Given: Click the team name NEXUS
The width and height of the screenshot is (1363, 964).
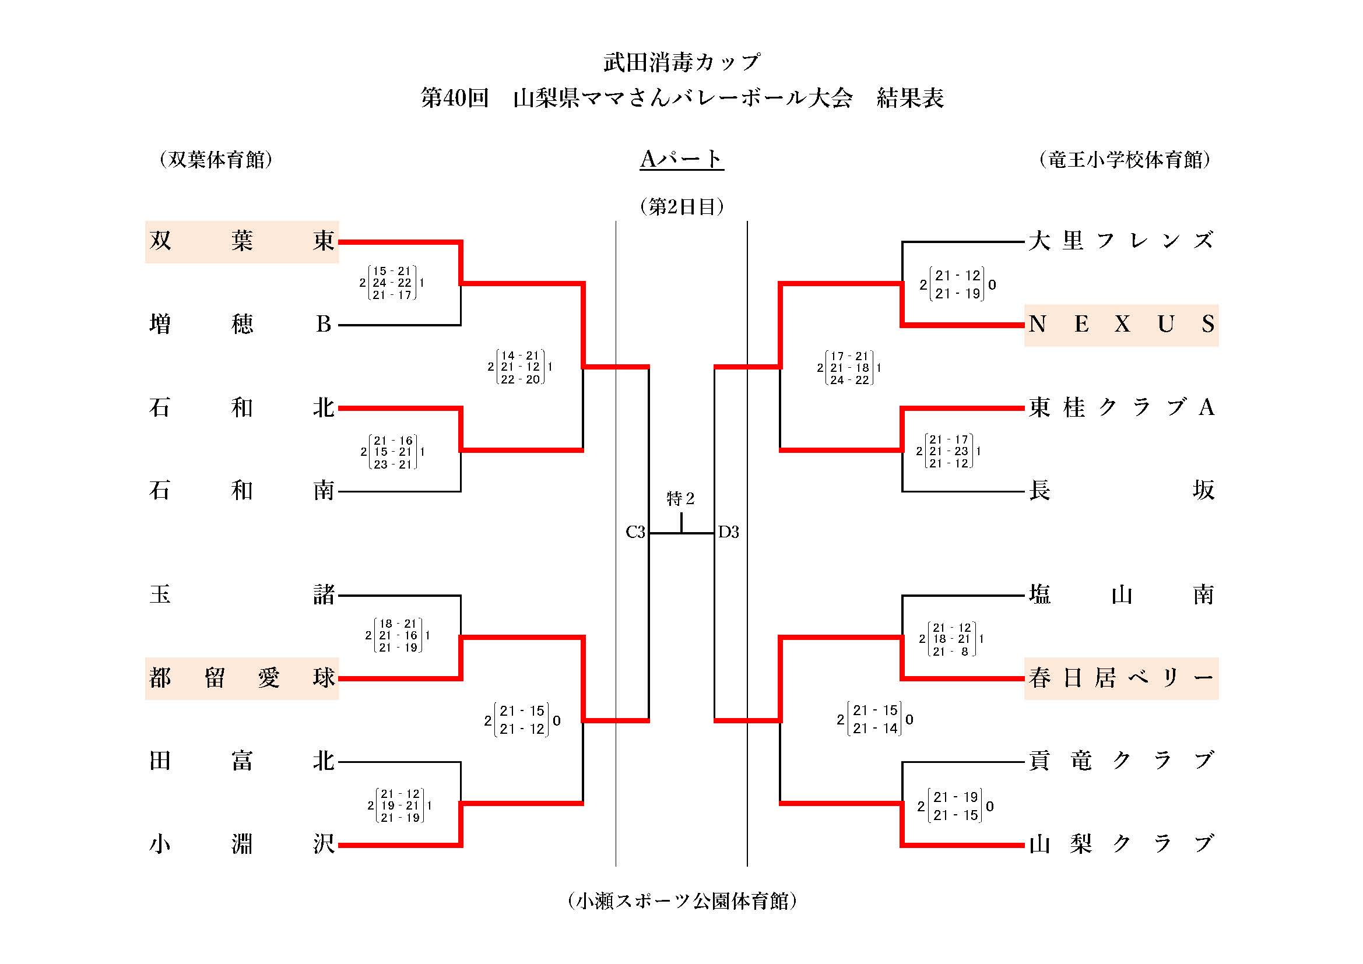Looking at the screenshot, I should [x=1121, y=325].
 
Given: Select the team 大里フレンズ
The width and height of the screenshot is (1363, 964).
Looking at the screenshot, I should [x=1121, y=241].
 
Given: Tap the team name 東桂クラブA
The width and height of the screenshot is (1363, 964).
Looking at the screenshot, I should [x=1121, y=408].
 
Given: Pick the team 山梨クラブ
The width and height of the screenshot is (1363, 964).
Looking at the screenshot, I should [x=1121, y=843].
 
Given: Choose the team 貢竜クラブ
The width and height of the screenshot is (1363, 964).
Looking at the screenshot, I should [x=1121, y=761].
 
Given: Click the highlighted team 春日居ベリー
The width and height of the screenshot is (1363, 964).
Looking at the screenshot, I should [x=1121, y=678].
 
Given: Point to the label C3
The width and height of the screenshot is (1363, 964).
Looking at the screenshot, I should [x=635, y=532].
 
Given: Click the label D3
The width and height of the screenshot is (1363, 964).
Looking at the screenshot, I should [x=728, y=532].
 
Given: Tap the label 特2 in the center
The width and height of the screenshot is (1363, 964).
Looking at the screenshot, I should [x=680, y=499].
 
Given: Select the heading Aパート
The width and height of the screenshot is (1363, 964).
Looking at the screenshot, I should [x=681, y=159].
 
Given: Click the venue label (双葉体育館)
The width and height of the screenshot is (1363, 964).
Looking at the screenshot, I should [x=216, y=160].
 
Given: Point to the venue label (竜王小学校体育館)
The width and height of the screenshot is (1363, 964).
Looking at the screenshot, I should [x=1125, y=160].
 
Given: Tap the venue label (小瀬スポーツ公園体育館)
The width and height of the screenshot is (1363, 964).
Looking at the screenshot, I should [x=681, y=901].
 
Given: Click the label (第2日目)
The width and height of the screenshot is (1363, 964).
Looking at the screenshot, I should [x=681, y=206].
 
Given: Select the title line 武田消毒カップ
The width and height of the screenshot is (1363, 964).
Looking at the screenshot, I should [x=681, y=62].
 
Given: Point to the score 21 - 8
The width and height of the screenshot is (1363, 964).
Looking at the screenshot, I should [x=951, y=651].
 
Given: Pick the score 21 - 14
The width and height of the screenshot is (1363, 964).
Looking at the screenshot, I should [x=875, y=729].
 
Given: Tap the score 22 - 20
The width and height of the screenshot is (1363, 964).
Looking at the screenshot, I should [x=520, y=379].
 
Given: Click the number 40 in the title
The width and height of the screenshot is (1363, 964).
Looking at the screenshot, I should [x=455, y=98].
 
